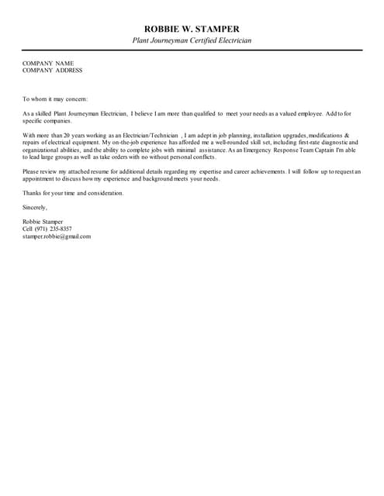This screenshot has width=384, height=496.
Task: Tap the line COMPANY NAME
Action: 48,63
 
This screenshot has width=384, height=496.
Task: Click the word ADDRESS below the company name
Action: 70,70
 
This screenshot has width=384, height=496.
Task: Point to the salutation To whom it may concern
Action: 55,98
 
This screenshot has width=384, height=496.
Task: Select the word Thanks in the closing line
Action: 33,192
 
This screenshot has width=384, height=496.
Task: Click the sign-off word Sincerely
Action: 35,207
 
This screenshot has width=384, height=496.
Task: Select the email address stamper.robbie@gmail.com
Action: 57,236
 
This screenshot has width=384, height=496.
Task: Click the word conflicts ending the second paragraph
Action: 199,157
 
